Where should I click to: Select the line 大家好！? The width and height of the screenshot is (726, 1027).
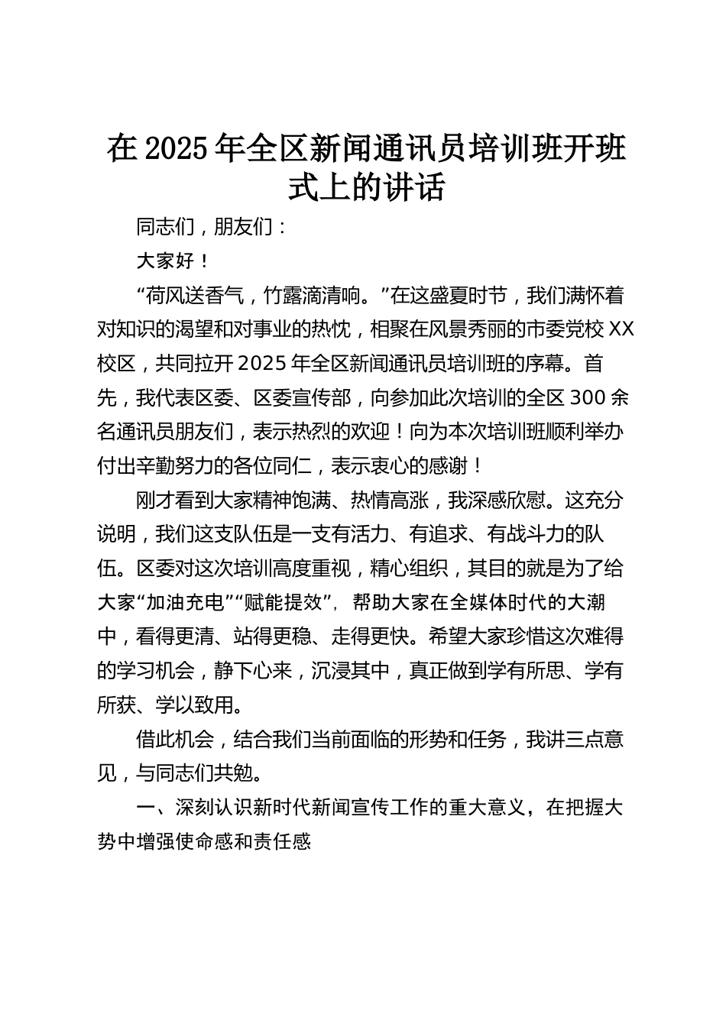coord(173,261)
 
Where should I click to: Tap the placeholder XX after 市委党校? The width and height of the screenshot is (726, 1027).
coord(624,329)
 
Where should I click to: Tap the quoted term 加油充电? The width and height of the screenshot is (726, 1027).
coord(183,603)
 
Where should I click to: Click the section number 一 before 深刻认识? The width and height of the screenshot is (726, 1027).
coord(144,808)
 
